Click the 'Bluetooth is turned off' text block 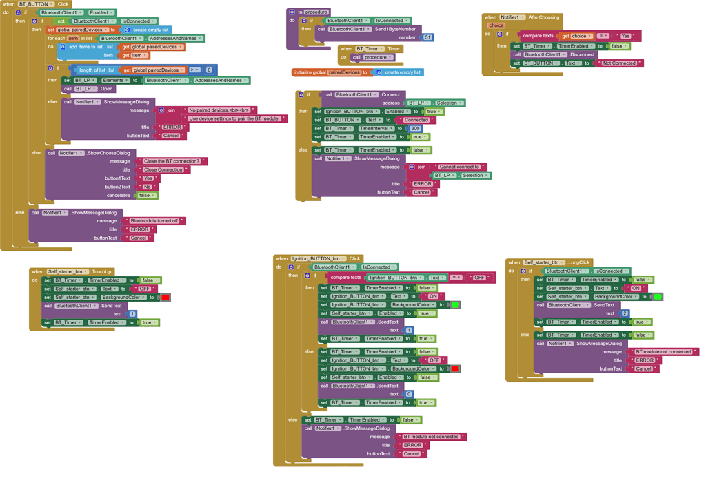(x=154, y=221)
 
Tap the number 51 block (x=427, y=37)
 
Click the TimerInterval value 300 (x=415, y=128)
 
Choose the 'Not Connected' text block (x=619, y=63)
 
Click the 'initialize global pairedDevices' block (x=327, y=72)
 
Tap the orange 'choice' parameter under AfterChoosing (x=496, y=25)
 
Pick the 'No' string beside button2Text (x=147, y=187)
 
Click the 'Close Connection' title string (x=163, y=169)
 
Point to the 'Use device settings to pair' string (x=235, y=118)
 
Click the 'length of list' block (x=97, y=70)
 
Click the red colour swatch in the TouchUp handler (x=165, y=298)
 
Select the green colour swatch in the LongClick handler (x=658, y=297)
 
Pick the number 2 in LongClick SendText (x=625, y=313)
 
